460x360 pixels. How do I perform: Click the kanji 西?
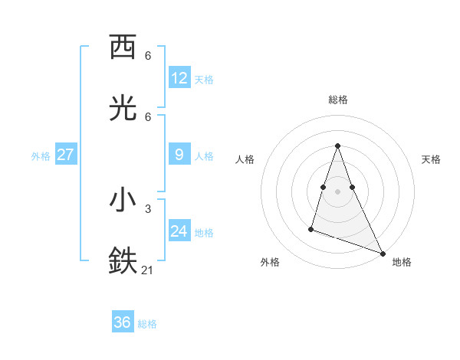click(x=123, y=47)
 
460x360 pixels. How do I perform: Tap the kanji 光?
click(x=123, y=109)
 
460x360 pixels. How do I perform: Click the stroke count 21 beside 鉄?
click(x=148, y=270)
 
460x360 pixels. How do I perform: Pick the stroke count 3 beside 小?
click(x=148, y=208)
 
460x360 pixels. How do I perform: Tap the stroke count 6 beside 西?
click(x=148, y=55)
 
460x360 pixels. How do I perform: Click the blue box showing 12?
click(x=179, y=78)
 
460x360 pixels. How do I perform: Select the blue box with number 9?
click(x=179, y=155)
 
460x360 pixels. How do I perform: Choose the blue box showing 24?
click(x=179, y=231)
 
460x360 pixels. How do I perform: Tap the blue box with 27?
click(x=66, y=155)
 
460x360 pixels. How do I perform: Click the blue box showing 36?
click(x=123, y=322)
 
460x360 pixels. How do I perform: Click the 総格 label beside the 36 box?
click(x=147, y=324)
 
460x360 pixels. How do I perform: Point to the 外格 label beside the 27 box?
click(x=41, y=156)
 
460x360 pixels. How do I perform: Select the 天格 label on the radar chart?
click(x=431, y=159)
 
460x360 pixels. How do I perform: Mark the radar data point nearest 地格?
click(x=382, y=253)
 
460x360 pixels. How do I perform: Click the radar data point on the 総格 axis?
click(x=337, y=146)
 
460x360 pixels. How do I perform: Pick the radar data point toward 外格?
click(x=311, y=228)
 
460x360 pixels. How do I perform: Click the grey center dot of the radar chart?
click(x=337, y=191)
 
